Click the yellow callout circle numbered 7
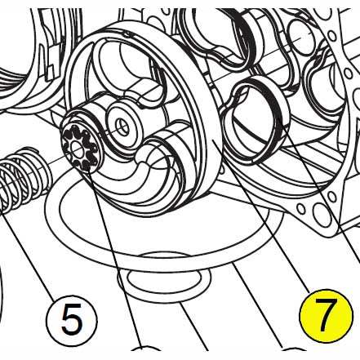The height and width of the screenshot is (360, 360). [326, 316]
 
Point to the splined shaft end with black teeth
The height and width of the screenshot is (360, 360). [80, 149]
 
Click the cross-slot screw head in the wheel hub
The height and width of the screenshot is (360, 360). [122, 127]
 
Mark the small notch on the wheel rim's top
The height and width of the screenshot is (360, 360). [126, 34]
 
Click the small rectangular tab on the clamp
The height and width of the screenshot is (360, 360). [50, 71]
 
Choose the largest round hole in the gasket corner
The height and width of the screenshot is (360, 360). [322, 213]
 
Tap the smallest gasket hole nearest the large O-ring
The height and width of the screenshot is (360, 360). [301, 209]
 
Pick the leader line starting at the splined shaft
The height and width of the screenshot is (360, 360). [114, 259]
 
